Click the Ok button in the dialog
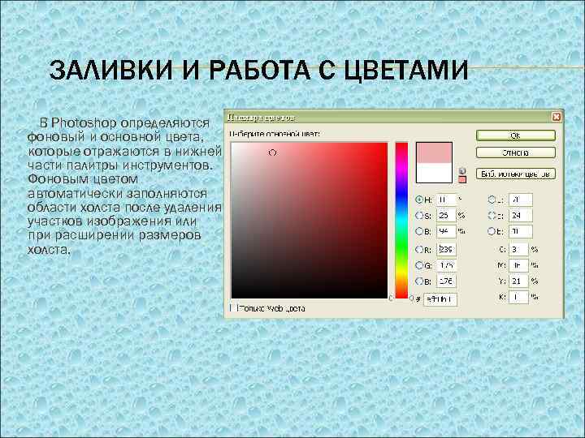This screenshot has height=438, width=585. pos(515,135)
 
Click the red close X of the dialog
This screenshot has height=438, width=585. pos(556,117)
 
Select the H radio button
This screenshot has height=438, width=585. pos(419,199)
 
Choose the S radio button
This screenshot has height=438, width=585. pos(419,216)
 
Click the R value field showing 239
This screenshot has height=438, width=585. pos(445,250)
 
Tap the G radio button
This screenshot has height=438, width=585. pos(419,265)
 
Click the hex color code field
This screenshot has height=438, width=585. pos(442,298)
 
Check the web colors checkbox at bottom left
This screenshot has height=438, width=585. pos(232,308)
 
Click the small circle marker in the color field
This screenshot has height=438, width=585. pos(272,152)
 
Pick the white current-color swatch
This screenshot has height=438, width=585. pos(433,172)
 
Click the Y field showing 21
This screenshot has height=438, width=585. pos(518,281)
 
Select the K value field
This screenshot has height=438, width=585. pos(518,297)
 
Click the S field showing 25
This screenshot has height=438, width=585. pos(445,216)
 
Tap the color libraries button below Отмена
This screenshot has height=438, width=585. pos(515,173)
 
